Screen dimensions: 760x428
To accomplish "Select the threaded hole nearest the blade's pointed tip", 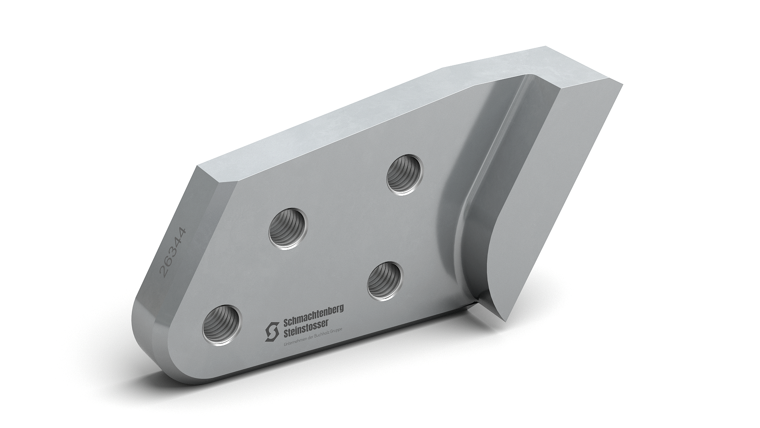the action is (x=385, y=281).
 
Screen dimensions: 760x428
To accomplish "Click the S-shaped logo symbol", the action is (x=272, y=331).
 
